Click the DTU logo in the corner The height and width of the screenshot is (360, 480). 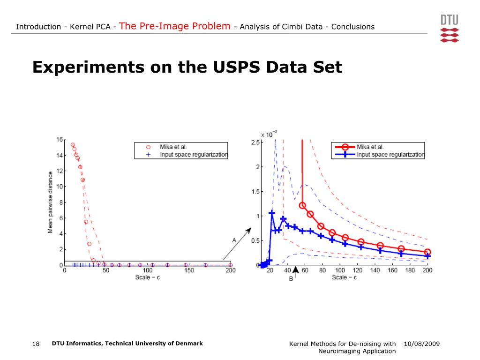point(450,28)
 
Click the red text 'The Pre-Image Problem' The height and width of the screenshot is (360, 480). point(175,26)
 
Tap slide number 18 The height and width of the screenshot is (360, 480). point(36,344)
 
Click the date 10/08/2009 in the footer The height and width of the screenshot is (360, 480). point(421,344)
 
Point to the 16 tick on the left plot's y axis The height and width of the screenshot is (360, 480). point(59,140)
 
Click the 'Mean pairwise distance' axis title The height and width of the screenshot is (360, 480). point(50,202)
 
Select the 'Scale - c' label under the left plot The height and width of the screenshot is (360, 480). point(147,277)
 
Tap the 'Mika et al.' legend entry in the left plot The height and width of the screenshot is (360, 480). point(173,147)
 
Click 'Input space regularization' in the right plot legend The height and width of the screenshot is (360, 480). point(390,154)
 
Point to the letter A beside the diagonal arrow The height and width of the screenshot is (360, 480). point(234,240)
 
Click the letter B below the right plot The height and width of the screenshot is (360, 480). point(291,279)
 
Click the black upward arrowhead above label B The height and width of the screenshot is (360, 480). point(295,270)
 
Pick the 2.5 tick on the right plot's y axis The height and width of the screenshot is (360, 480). point(255,142)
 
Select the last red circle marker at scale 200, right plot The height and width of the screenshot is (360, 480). point(427,252)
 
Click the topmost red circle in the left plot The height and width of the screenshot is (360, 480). point(73,145)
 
